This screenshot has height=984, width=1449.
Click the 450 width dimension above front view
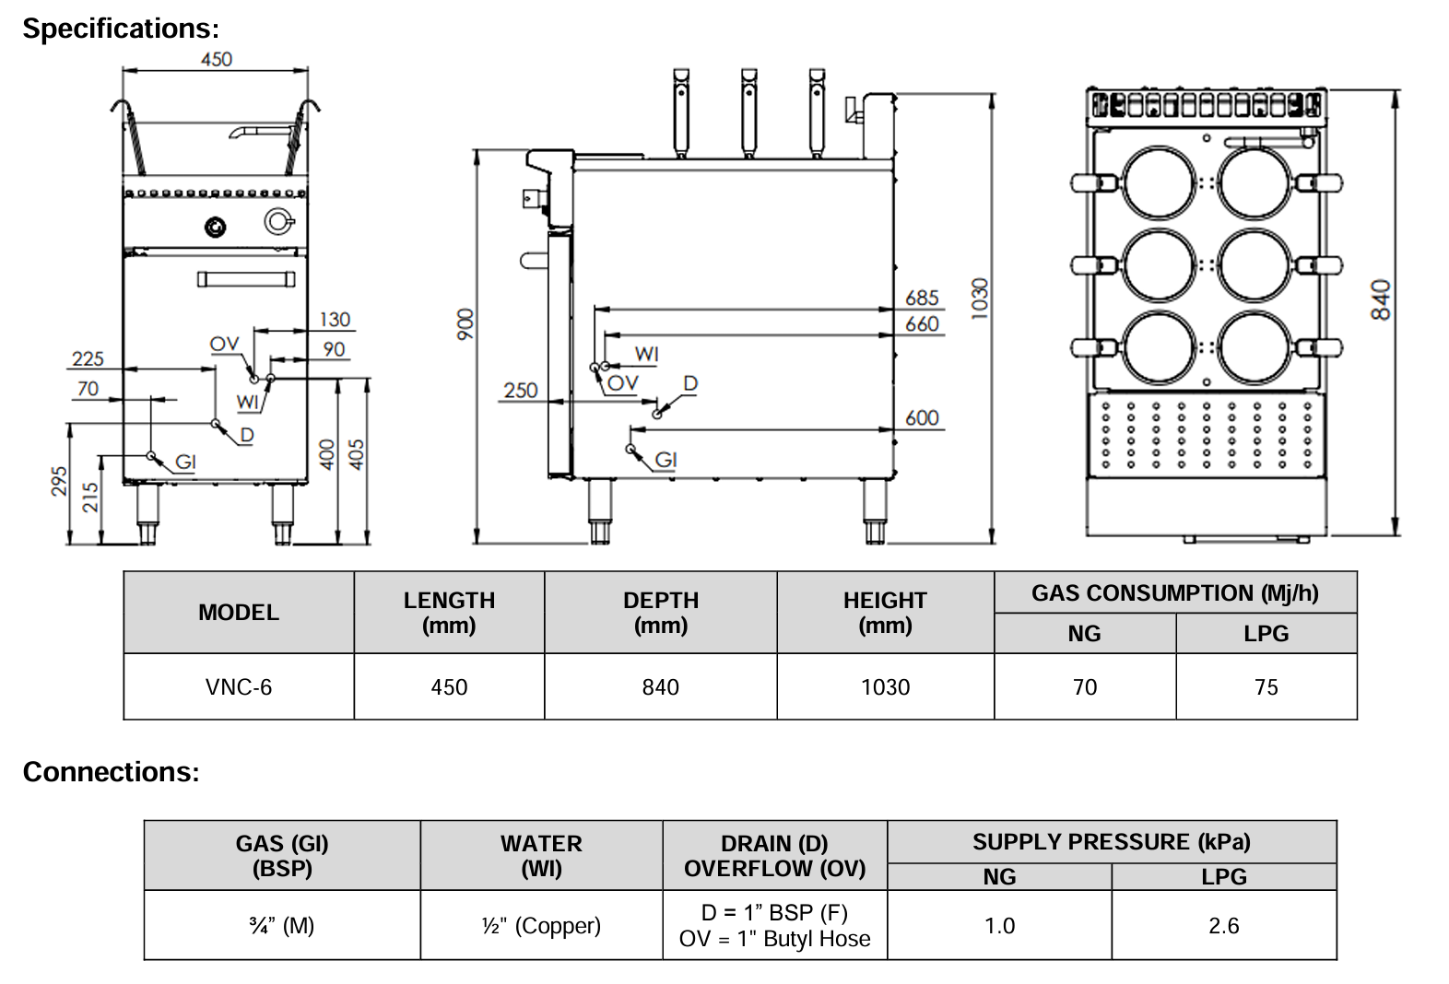pos(217,59)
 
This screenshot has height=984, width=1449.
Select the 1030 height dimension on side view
pos(979,299)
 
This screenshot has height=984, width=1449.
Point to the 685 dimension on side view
pos(922,298)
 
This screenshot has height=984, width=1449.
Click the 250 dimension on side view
pos(520,391)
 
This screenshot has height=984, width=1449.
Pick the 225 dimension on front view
pos(88,358)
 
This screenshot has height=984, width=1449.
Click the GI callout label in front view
pos(185,461)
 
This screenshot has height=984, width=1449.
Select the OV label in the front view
pos(224,344)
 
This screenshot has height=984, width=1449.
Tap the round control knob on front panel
pos(215,226)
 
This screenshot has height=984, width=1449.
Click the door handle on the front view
pos(246,278)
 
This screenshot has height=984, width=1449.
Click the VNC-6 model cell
pos(239,687)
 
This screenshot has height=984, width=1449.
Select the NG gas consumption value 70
pos(1085,687)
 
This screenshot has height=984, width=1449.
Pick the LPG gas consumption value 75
pos(1266,687)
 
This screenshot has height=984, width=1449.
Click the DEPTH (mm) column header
pos(660,613)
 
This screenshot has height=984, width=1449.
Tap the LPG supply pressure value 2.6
pos(1223,926)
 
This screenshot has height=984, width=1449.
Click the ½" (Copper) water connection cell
pos(541,926)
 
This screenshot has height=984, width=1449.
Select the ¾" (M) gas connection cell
pos(282,926)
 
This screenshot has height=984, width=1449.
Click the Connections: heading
pos(111,771)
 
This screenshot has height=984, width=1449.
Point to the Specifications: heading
pos(121,29)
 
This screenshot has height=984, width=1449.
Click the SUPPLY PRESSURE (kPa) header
pos(1111,842)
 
